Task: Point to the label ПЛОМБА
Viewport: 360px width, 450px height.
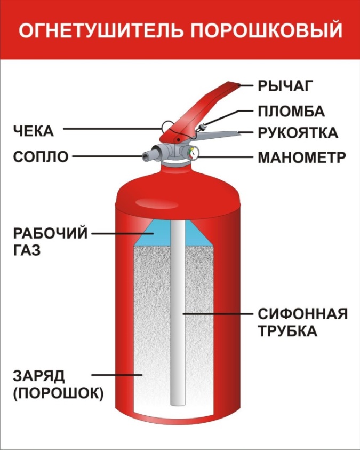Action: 291,112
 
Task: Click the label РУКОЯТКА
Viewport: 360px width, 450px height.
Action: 298,133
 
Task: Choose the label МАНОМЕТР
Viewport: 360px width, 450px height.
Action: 302,157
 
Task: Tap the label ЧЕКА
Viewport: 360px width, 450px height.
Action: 34,131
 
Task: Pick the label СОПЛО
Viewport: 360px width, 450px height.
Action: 41,157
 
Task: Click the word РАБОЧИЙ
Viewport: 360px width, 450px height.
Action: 50,233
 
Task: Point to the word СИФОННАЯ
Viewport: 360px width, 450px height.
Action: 303,314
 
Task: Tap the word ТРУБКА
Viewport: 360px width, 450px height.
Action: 287,331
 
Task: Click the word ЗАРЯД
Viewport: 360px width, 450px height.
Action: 39,376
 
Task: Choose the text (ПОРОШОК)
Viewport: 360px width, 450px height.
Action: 58,393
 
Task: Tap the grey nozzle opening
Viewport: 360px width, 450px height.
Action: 146,156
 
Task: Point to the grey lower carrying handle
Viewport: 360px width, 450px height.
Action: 218,135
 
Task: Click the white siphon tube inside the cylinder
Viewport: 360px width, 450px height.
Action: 178,313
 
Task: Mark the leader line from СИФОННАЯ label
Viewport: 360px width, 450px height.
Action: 218,314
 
